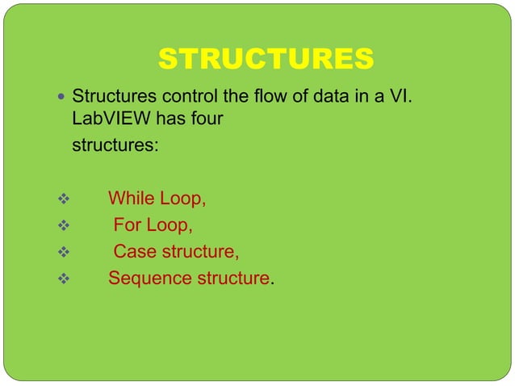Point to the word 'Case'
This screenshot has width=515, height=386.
click(134, 252)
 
